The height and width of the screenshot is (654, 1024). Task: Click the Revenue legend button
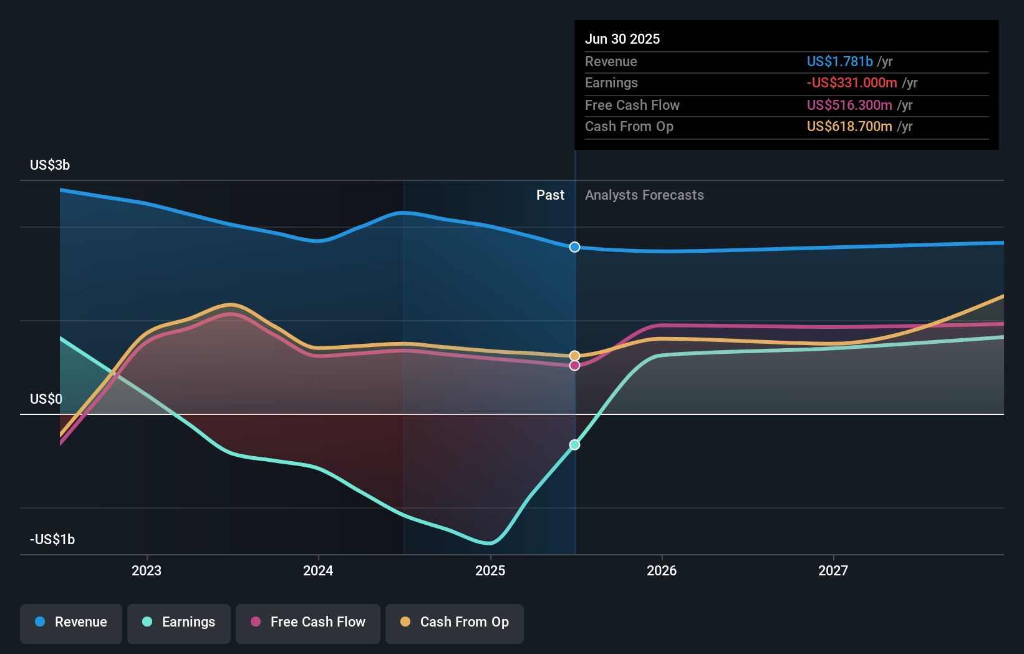tap(71, 622)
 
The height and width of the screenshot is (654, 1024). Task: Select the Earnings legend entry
tap(179, 622)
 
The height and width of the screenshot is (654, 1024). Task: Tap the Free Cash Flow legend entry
tap(308, 622)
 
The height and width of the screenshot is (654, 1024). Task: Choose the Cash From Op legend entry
tap(455, 622)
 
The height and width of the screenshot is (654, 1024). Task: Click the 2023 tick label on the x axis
tap(147, 570)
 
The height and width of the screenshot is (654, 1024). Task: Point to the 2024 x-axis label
tap(318, 570)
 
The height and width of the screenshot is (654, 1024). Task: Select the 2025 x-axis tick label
tap(490, 570)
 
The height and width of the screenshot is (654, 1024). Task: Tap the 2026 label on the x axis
tap(662, 570)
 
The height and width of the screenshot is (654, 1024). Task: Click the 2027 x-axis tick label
tap(833, 570)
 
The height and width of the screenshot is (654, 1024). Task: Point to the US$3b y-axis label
tap(50, 165)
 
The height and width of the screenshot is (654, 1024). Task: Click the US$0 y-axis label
tap(46, 399)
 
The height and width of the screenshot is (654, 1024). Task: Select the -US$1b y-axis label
tap(52, 539)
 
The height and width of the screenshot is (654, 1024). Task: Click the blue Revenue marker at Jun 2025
tap(574, 247)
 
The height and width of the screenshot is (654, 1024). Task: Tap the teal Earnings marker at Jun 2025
tap(574, 445)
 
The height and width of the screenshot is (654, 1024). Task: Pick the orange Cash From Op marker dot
tap(574, 356)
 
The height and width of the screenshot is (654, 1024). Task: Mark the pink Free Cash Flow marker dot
tap(574, 366)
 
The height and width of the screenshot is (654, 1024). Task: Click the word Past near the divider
tap(550, 195)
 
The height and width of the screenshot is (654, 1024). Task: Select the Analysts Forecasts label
tap(644, 195)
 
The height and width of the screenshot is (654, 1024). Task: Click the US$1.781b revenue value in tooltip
tap(839, 61)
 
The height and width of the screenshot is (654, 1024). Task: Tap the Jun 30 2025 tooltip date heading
tap(622, 39)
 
